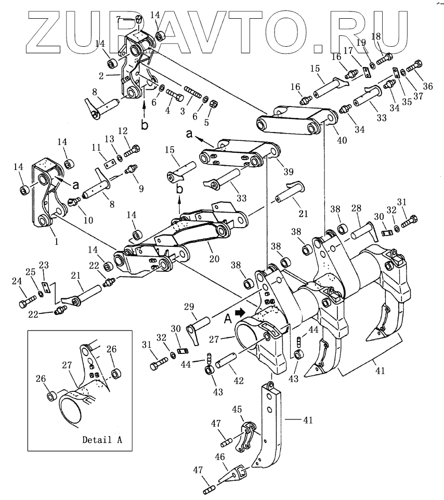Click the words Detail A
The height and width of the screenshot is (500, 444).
102,440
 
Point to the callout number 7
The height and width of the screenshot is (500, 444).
119,19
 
